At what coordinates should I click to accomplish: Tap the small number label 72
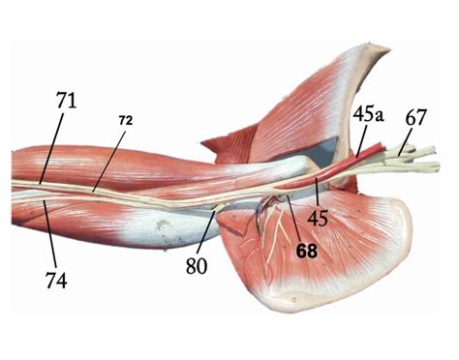click(x=127, y=120)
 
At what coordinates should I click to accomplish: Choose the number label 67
click(x=416, y=116)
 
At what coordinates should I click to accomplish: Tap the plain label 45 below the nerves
click(x=319, y=219)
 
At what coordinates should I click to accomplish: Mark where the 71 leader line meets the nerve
click(x=42, y=181)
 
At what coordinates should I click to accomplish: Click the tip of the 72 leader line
click(x=94, y=190)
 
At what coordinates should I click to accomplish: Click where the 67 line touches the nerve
click(x=400, y=152)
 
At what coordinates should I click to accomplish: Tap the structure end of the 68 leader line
click(x=287, y=198)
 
